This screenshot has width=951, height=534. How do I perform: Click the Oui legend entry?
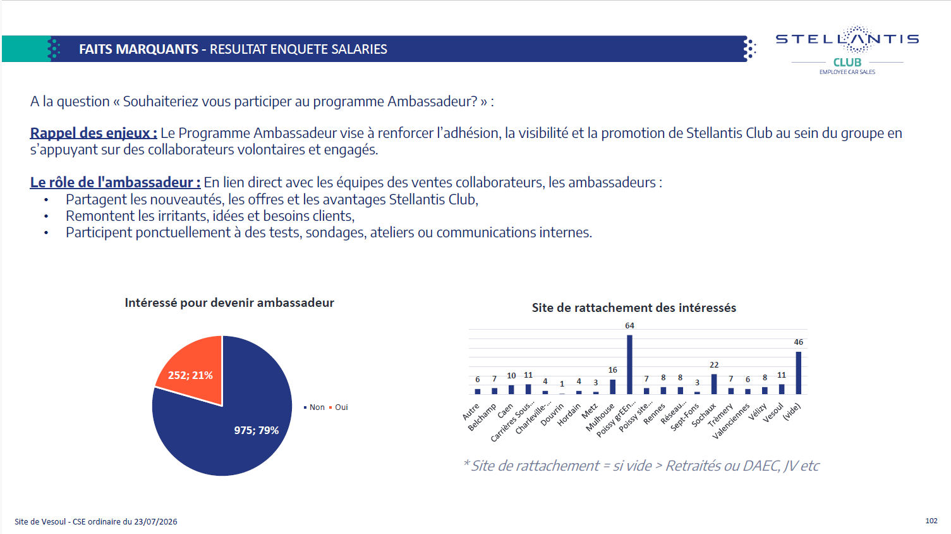pos(338,407)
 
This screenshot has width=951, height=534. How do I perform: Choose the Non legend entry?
pos(314,407)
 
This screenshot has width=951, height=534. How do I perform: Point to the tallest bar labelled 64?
pos(629,364)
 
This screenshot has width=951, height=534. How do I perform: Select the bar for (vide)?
pos(799,373)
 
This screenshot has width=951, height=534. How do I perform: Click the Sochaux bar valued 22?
pos(714,384)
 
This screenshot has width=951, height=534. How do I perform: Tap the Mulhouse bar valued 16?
pos(613,387)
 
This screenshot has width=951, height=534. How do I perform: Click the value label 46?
pos(799,342)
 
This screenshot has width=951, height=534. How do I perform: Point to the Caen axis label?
pos(506,411)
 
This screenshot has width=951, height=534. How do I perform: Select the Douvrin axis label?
pos(552,414)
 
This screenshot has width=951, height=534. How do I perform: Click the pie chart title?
pos(229,302)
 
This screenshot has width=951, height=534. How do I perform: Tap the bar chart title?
pos(634,308)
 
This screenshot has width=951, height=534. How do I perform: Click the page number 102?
pos(931,521)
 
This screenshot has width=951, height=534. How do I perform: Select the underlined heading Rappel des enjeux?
pos(94,133)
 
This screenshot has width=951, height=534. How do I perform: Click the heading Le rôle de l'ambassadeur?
pos(115,182)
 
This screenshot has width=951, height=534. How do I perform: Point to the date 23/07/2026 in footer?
pos(155,522)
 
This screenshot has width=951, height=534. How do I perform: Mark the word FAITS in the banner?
pos(95,49)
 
